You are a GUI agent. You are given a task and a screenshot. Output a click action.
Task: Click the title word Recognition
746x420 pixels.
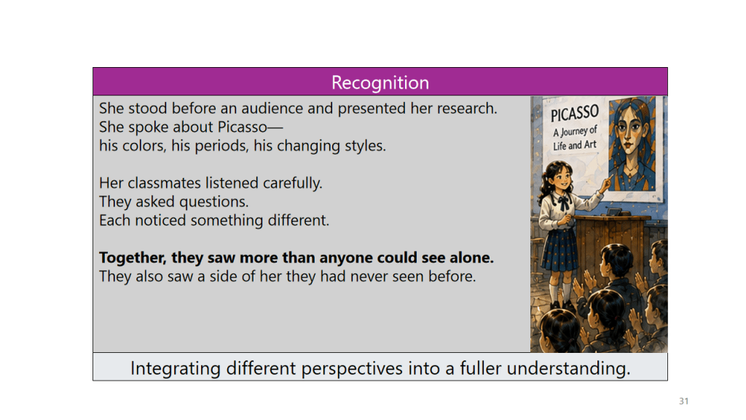[x=380, y=83]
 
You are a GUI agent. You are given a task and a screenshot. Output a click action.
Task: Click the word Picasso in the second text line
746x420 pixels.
[x=242, y=127]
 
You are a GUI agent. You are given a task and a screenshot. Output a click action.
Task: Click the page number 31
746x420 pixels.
[x=683, y=401]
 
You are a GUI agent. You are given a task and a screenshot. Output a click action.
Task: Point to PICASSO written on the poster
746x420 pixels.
[x=574, y=113]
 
